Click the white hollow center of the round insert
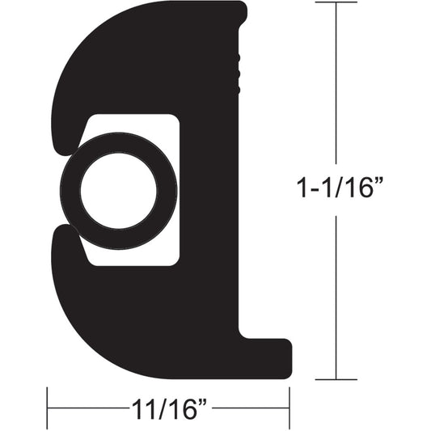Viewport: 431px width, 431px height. [118, 192]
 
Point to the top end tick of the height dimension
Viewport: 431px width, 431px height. [336, 3]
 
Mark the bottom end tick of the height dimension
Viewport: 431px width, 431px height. [336, 378]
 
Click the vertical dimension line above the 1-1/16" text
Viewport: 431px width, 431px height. [336, 89]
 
